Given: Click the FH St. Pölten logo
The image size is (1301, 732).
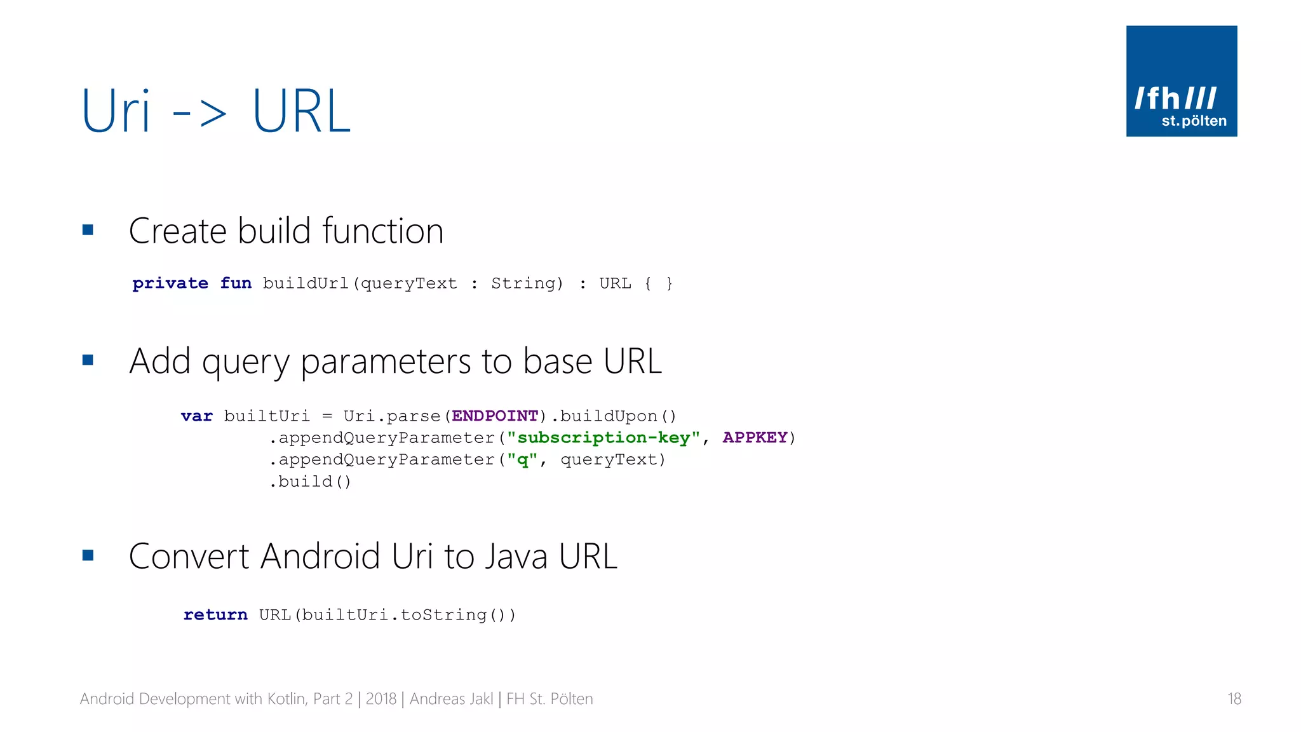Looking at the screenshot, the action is pyautogui.click(x=1181, y=81).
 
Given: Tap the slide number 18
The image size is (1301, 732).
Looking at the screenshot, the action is pyautogui.click(x=1234, y=699).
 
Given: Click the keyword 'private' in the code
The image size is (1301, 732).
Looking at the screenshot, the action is pyautogui.click(x=170, y=283).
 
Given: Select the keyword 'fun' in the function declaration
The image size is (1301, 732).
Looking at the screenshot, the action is pyautogui.click(x=236, y=283).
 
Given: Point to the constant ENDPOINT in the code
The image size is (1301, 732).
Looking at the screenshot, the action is pyautogui.click(x=495, y=416).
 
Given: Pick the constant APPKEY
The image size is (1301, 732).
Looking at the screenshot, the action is pyautogui.click(x=755, y=438).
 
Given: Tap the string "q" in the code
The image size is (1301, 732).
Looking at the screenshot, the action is pyautogui.click(x=522, y=460).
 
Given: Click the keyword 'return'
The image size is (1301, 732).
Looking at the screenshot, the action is pyautogui.click(x=215, y=615).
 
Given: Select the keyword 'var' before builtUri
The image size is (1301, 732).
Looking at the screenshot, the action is pyautogui.click(x=196, y=416).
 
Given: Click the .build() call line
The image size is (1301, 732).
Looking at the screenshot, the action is pyautogui.click(x=310, y=482).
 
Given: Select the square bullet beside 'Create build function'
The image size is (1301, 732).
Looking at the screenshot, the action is pyautogui.click(x=88, y=230).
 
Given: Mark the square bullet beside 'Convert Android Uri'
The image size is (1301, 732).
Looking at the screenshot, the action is pyautogui.click(x=88, y=556).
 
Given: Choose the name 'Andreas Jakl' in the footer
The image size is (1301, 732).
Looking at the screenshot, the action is pyautogui.click(x=451, y=699).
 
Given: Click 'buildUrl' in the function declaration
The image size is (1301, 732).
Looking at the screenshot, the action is pyautogui.click(x=306, y=283).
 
